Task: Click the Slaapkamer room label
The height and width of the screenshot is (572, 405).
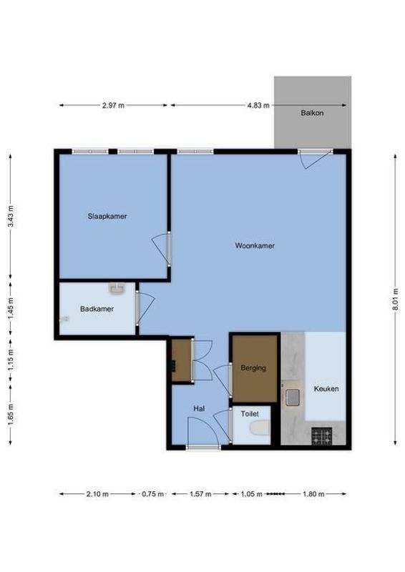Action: pos(107,216)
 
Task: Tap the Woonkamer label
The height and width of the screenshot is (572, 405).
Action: pos(255,245)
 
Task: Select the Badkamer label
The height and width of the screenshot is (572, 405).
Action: pos(94,310)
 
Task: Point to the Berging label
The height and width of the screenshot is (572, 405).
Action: pos(253,368)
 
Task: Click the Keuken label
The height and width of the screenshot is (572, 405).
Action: pos(326,389)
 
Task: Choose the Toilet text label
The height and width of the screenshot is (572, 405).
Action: pos(250,413)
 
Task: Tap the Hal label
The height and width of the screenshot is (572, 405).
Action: pos(199,408)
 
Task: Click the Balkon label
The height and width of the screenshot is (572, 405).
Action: pos(312,113)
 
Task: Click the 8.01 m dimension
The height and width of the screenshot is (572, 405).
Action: pos(394,303)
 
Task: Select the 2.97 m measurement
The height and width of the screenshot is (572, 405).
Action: pos(113,105)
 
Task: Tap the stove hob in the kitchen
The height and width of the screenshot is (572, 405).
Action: pos(321,435)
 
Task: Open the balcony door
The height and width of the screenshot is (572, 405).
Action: pos(315,159)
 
